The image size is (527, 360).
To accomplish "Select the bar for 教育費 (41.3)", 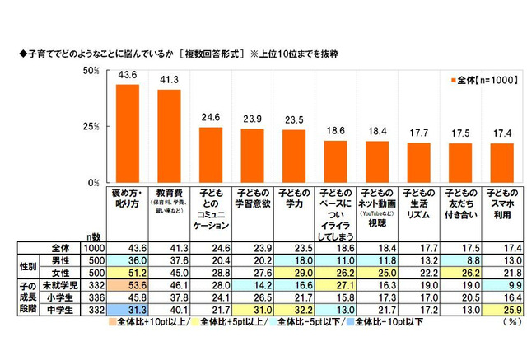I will coord(168,136).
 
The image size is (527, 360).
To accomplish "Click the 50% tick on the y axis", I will coord(92,72).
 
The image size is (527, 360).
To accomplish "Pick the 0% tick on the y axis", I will coord(95,182).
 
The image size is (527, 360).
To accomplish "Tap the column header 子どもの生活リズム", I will coord(420,203).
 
